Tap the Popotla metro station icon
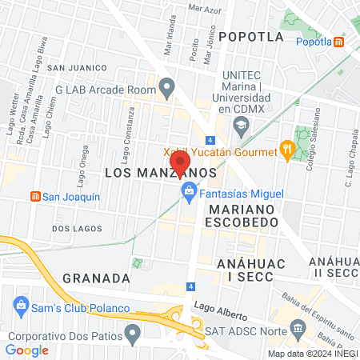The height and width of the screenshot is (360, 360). pos(340,42)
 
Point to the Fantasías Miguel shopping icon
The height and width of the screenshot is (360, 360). pos(190,191)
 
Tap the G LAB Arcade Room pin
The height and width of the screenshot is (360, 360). pos(166,86)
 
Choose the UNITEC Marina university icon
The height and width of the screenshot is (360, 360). pos(241,125)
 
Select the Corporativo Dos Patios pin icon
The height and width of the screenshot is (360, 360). pos(14,329)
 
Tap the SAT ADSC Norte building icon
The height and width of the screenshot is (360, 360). pos(298,328)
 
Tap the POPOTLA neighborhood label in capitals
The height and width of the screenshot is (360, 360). pos(251,36)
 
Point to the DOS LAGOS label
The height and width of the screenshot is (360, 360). pos(77,228)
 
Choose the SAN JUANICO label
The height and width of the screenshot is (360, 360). pos(77,68)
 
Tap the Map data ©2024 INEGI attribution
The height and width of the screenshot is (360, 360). pos(311,354)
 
